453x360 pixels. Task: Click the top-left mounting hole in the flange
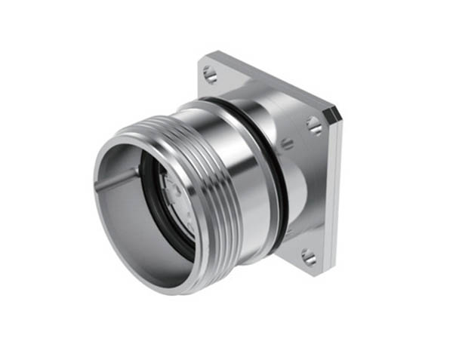click(x=210, y=74)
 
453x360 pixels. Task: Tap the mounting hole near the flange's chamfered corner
click(x=315, y=126)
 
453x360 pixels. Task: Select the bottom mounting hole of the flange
click(x=309, y=258)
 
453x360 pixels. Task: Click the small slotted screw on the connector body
click(x=288, y=143)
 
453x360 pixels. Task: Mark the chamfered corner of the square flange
click(x=331, y=115)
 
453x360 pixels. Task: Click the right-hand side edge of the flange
click(x=337, y=189)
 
